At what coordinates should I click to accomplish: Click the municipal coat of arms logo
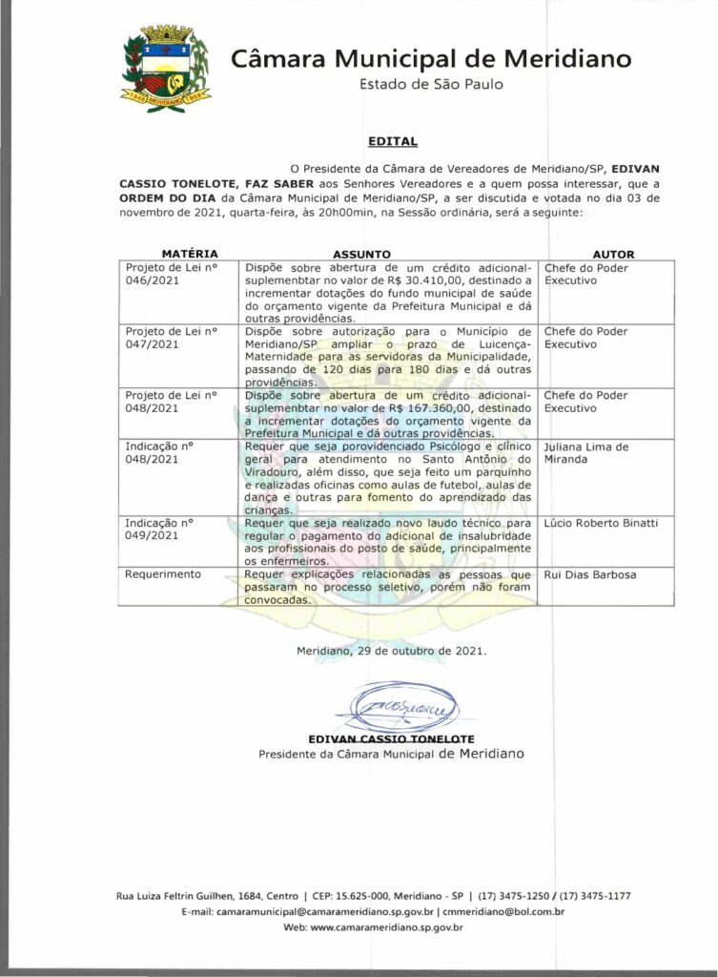(164, 66)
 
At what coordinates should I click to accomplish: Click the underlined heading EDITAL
(393, 141)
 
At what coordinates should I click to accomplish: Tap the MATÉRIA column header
(190, 254)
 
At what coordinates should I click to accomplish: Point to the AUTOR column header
(613, 255)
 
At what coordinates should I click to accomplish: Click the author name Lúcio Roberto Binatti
(601, 524)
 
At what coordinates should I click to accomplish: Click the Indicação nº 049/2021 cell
(160, 530)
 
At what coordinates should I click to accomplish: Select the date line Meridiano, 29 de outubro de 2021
(392, 651)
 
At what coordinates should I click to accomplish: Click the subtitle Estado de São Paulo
(431, 84)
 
